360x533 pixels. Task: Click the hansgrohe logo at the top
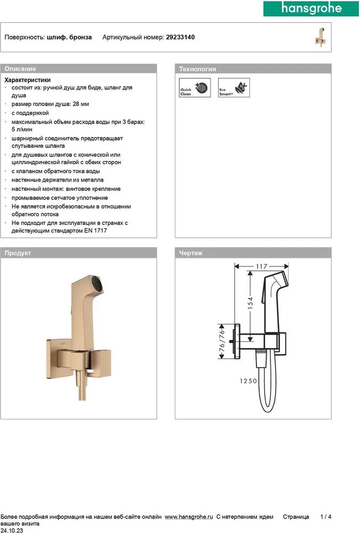point(310,9)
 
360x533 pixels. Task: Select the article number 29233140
point(180,37)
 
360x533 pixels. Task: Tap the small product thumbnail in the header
point(320,37)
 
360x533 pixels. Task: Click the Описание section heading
point(20,69)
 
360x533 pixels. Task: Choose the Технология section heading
point(197,69)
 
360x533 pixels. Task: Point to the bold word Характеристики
point(31,79)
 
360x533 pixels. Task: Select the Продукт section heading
point(18,253)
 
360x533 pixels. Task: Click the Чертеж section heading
point(191,253)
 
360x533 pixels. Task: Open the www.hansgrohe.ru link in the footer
point(189,517)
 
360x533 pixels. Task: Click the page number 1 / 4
point(326,517)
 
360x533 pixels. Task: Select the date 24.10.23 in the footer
point(11,530)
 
